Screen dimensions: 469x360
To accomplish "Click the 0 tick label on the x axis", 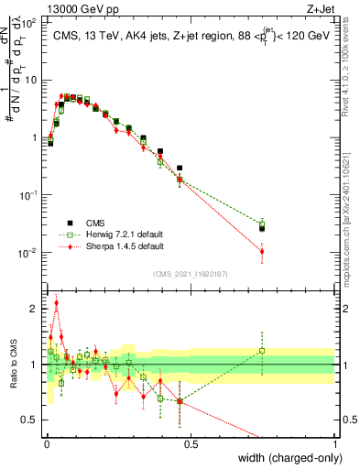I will [x=46, y=443].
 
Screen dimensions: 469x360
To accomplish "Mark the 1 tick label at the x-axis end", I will [x=334, y=443].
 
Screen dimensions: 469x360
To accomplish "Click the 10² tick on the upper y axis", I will [x=30, y=22].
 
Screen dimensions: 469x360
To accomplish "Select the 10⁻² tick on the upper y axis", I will [x=30, y=252].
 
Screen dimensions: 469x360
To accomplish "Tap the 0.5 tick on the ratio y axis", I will [x=33, y=420].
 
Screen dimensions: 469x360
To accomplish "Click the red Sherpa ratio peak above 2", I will [x=56, y=302].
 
